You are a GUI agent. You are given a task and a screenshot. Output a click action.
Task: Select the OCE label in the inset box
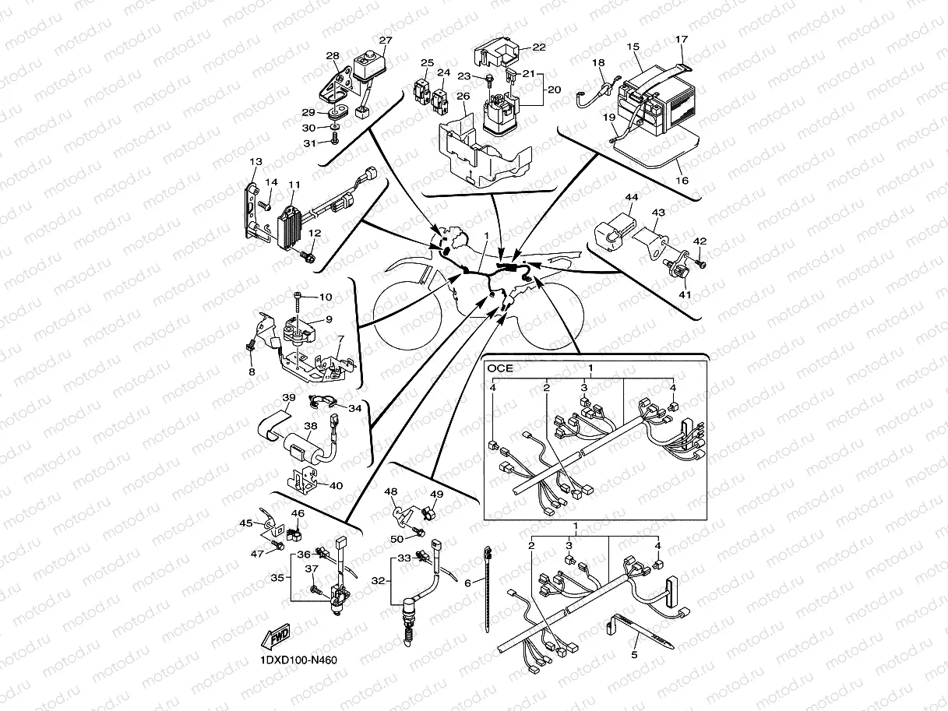500,368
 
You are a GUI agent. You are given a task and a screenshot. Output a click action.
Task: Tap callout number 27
386,40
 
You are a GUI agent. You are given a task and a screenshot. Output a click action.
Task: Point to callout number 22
538,48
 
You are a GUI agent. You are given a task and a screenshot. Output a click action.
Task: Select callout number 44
631,199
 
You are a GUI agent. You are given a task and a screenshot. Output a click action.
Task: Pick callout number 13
255,162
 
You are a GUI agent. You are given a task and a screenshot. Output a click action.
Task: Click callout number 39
288,398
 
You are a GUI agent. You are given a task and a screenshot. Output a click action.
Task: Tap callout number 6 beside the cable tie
468,582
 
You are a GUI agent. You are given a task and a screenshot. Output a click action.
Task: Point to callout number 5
634,656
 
